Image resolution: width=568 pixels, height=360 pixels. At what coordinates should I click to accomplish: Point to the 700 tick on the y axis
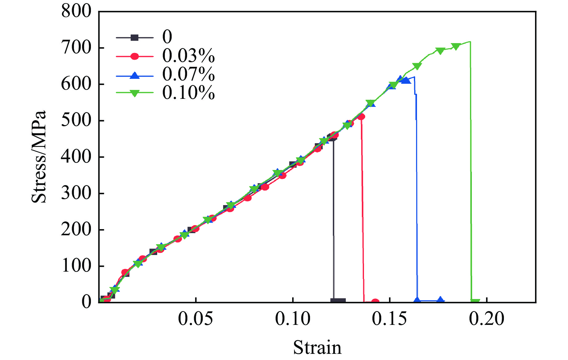click(76, 48)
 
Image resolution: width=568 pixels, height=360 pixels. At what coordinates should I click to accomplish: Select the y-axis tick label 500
click(76, 120)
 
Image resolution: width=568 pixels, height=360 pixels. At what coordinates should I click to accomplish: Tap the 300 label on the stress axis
click(76, 193)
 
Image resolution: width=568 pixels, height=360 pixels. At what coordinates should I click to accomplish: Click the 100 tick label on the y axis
click(76, 266)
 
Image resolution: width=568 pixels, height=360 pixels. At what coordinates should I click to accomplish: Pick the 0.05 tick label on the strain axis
click(195, 319)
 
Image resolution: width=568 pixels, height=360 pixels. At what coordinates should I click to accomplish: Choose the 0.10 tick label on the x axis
click(292, 319)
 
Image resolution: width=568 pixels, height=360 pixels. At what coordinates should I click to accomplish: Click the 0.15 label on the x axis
click(390, 319)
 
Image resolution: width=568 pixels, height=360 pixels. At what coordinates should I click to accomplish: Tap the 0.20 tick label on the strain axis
click(487, 319)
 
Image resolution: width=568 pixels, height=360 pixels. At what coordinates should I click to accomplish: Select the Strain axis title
click(317, 347)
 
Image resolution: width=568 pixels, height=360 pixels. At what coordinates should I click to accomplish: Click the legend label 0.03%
click(188, 56)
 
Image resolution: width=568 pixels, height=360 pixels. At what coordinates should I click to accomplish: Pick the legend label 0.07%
click(188, 74)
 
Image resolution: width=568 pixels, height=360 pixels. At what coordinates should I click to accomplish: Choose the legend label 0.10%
click(188, 93)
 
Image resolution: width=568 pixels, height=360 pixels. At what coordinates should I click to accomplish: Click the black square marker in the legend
click(134, 38)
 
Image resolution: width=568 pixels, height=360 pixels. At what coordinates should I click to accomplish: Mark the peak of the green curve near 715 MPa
click(469, 42)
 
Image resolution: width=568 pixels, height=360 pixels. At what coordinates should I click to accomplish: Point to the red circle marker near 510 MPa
click(361, 117)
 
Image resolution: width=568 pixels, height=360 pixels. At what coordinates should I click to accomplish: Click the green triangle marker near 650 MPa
click(417, 66)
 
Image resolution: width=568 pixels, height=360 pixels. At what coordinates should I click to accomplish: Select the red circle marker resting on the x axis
click(375, 301)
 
